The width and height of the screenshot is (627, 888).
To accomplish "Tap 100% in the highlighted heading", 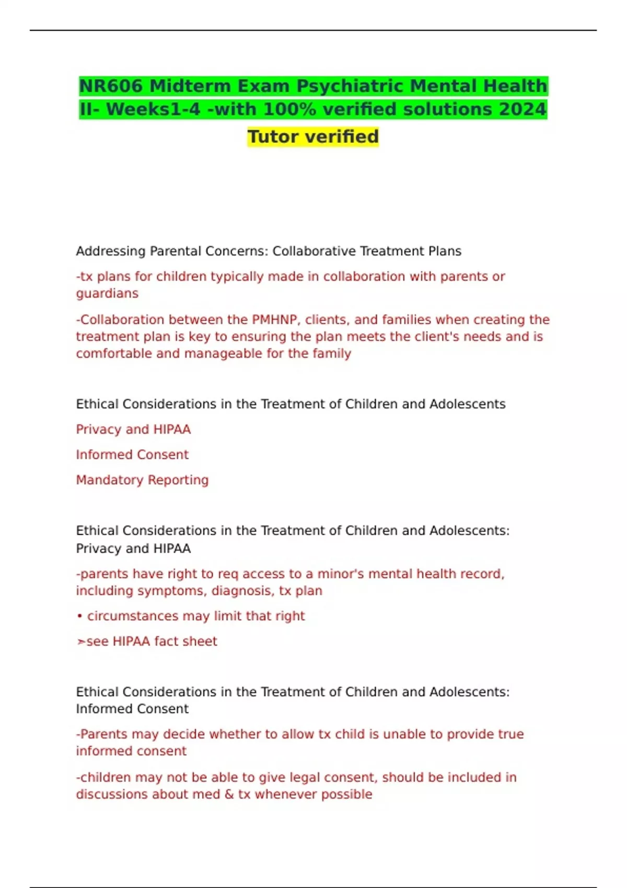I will (286, 109).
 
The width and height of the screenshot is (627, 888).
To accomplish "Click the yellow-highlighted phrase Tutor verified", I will (313, 136).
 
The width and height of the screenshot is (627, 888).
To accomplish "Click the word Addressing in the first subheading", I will (111, 251).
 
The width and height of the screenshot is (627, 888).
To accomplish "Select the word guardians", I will (107, 294).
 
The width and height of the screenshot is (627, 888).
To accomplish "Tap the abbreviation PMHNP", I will (275, 320).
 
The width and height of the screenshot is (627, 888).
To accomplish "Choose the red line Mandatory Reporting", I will (142, 480).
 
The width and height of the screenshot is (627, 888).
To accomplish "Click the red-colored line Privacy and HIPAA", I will (133, 429).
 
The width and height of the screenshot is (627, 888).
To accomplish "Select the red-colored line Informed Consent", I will (132, 454).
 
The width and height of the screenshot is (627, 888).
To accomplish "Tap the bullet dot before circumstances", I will (80, 616).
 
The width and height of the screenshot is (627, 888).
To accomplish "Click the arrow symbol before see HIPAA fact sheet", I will (81, 641).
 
